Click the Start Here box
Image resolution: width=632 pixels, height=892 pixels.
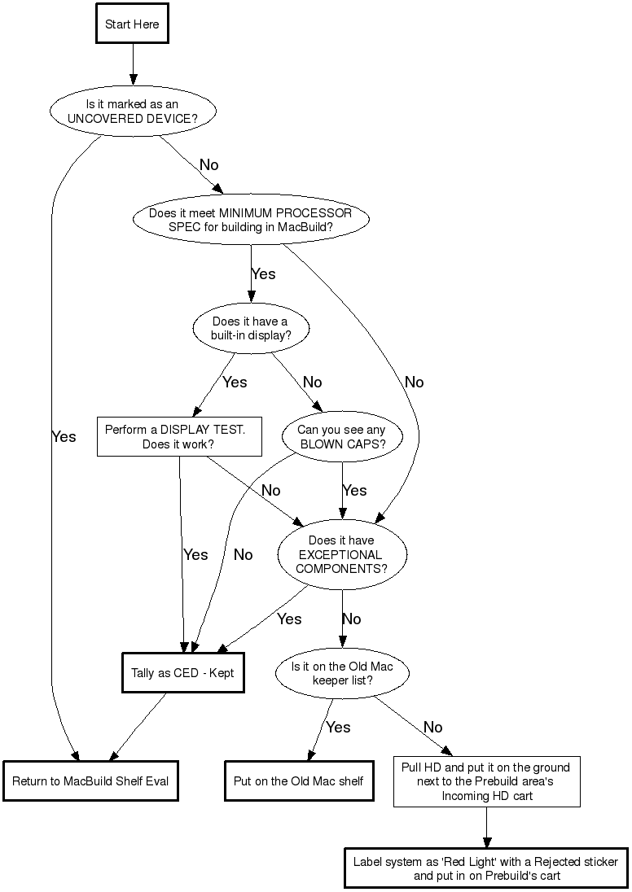pos(132,24)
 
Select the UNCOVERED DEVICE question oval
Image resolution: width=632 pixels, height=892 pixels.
pos(132,111)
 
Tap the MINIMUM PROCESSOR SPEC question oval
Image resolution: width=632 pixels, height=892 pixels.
pos(250,220)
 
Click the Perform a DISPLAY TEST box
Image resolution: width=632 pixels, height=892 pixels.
pos(179,437)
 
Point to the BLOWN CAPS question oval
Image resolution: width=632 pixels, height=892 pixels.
pos(342,437)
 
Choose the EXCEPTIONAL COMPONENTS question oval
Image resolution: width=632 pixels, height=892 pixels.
pos(342,555)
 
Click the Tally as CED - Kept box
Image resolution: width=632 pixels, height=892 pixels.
pos(183,673)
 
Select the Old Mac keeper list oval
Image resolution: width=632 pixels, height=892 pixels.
pos(342,673)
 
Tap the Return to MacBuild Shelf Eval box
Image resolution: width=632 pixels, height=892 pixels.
pos(90,781)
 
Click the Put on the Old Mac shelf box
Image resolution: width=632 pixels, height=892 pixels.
pos(298,781)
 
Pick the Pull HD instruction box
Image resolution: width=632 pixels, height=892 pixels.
pos(487,781)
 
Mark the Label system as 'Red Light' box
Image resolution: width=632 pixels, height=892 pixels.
pos(485,868)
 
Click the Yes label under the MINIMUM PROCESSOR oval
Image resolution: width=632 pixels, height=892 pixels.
pos(263,274)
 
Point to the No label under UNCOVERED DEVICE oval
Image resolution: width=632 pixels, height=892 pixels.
pos(208,165)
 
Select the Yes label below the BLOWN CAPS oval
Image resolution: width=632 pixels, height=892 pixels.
pos(354,491)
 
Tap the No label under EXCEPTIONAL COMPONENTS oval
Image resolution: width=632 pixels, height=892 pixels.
pos(351,619)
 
